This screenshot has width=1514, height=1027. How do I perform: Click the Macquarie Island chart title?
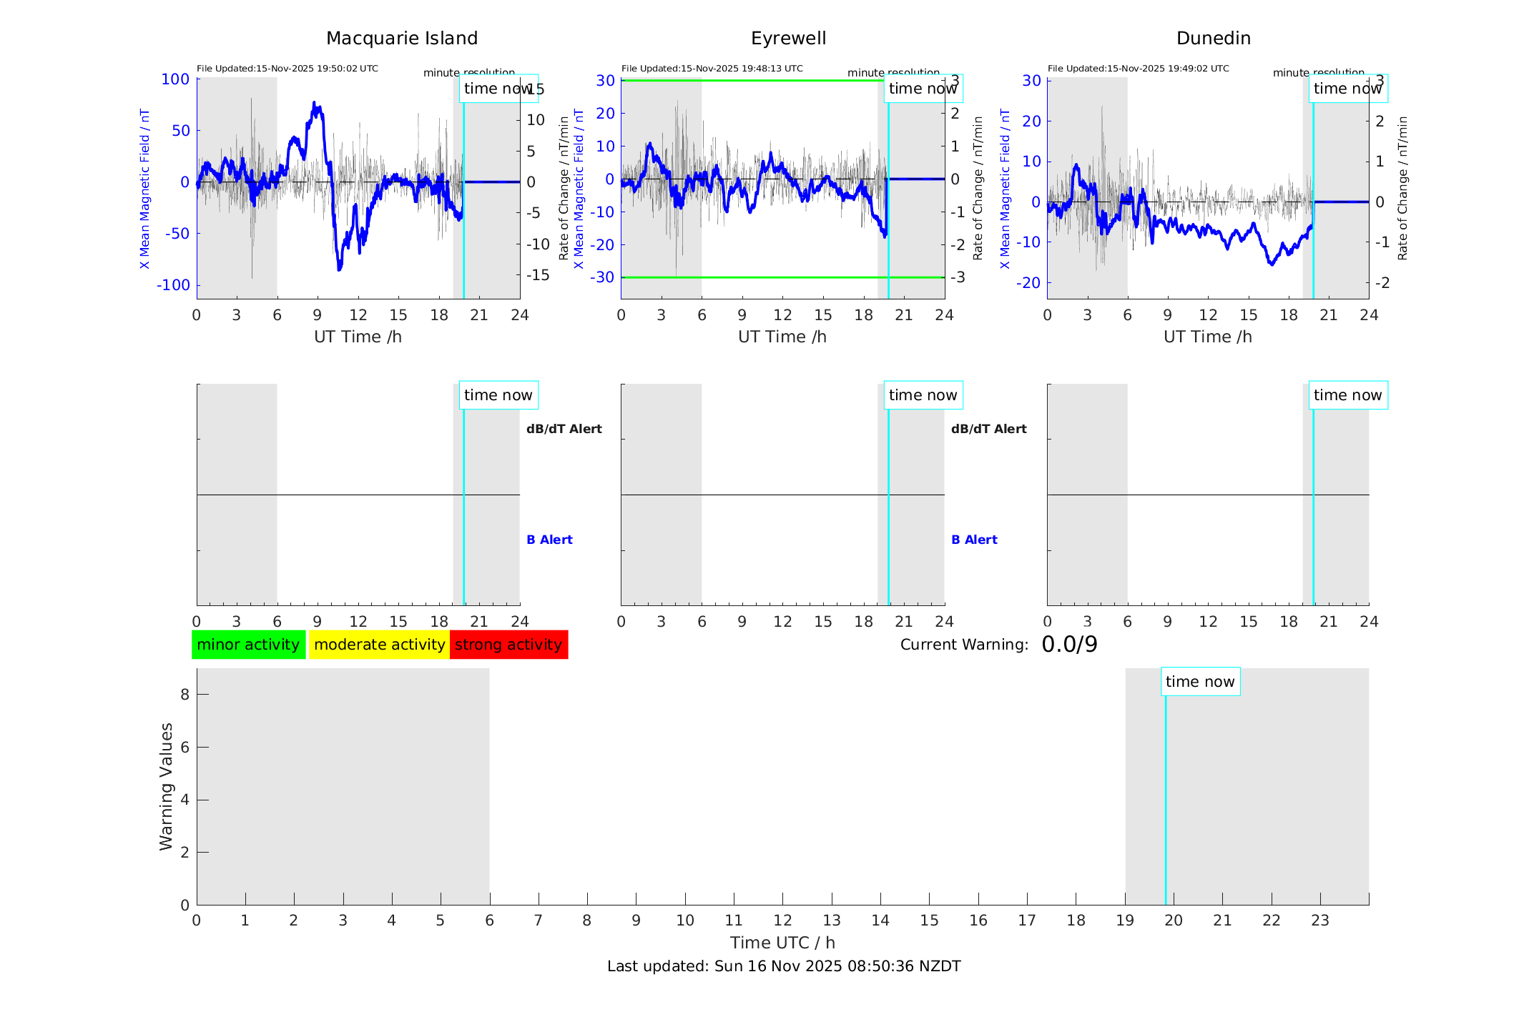click(x=401, y=39)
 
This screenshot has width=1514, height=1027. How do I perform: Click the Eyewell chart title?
click(x=788, y=39)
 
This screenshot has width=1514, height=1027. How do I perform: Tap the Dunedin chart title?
click(x=1213, y=39)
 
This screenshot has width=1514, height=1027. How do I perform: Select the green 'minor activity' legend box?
click(x=248, y=645)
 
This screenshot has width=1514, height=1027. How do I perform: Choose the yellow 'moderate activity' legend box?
click(x=379, y=645)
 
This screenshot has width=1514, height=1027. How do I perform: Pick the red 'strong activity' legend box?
click(x=508, y=645)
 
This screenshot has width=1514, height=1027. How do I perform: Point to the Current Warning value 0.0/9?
click(x=1069, y=645)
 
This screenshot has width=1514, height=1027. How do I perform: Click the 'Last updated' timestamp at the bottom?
click(x=784, y=966)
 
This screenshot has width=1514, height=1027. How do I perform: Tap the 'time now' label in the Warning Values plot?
click(x=1200, y=682)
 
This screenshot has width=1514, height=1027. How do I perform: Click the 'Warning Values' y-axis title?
click(x=166, y=786)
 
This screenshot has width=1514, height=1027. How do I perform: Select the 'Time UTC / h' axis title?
click(x=782, y=943)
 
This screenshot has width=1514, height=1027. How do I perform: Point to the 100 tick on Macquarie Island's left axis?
click(x=175, y=79)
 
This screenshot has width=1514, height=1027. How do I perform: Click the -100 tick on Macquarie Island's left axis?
click(x=173, y=285)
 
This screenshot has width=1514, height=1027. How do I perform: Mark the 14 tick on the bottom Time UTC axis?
click(x=880, y=921)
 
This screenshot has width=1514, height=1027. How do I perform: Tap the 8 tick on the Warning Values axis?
click(x=185, y=694)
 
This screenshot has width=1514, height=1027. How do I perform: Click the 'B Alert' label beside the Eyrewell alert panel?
click(x=974, y=540)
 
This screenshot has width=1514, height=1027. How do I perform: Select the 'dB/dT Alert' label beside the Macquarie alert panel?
click(x=564, y=429)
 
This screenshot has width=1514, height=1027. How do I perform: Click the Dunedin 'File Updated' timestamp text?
click(x=1138, y=69)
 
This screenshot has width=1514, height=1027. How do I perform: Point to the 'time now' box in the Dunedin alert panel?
click(x=1347, y=395)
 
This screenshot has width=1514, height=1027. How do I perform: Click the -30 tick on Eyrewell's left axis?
click(x=605, y=277)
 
